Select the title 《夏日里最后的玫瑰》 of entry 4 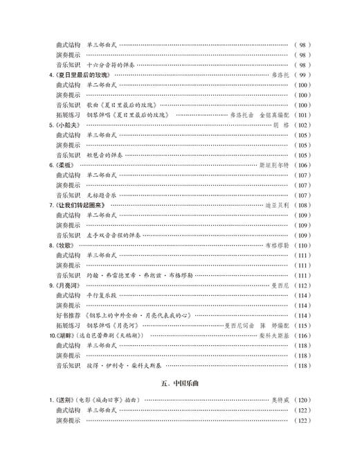[80, 74]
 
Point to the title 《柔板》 [64, 166]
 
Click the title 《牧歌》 [64, 246]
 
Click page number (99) [303, 74]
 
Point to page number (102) [303, 125]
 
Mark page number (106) [303, 166]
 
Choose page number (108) [303, 206]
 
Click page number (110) [303, 246]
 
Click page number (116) [303, 336]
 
